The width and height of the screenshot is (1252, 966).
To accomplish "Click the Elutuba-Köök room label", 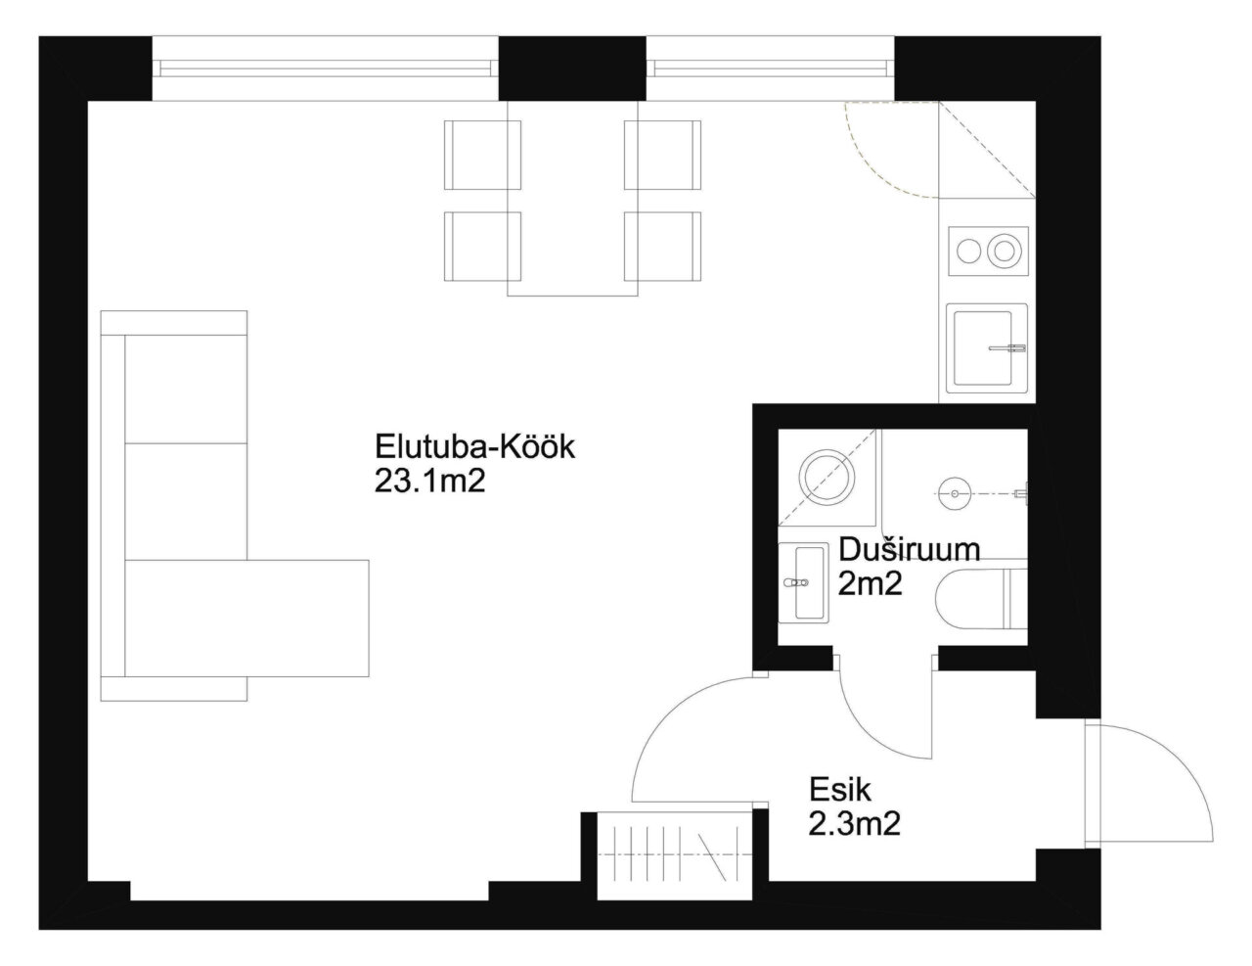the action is (474, 446).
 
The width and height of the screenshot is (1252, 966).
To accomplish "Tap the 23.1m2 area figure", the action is (429, 481).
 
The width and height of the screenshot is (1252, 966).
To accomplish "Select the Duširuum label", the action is (910, 550).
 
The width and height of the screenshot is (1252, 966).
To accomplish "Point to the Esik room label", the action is (840, 790).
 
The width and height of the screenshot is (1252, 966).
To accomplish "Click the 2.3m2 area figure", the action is (855, 824).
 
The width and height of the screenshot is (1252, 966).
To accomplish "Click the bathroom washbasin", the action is (803, 582).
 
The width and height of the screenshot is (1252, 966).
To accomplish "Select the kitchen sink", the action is (986, 348).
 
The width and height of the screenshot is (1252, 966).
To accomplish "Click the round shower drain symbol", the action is (955, 494).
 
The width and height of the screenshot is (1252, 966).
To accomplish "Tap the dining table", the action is (572, 199).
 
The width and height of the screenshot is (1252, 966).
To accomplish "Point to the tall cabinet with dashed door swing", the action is (987, 150).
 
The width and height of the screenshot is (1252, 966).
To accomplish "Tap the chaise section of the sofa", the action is (246, 618).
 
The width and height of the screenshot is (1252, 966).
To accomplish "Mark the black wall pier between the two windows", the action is (572, 68).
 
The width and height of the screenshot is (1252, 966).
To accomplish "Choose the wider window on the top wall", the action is (326, 68).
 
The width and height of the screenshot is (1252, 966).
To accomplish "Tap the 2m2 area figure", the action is (870, 584).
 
